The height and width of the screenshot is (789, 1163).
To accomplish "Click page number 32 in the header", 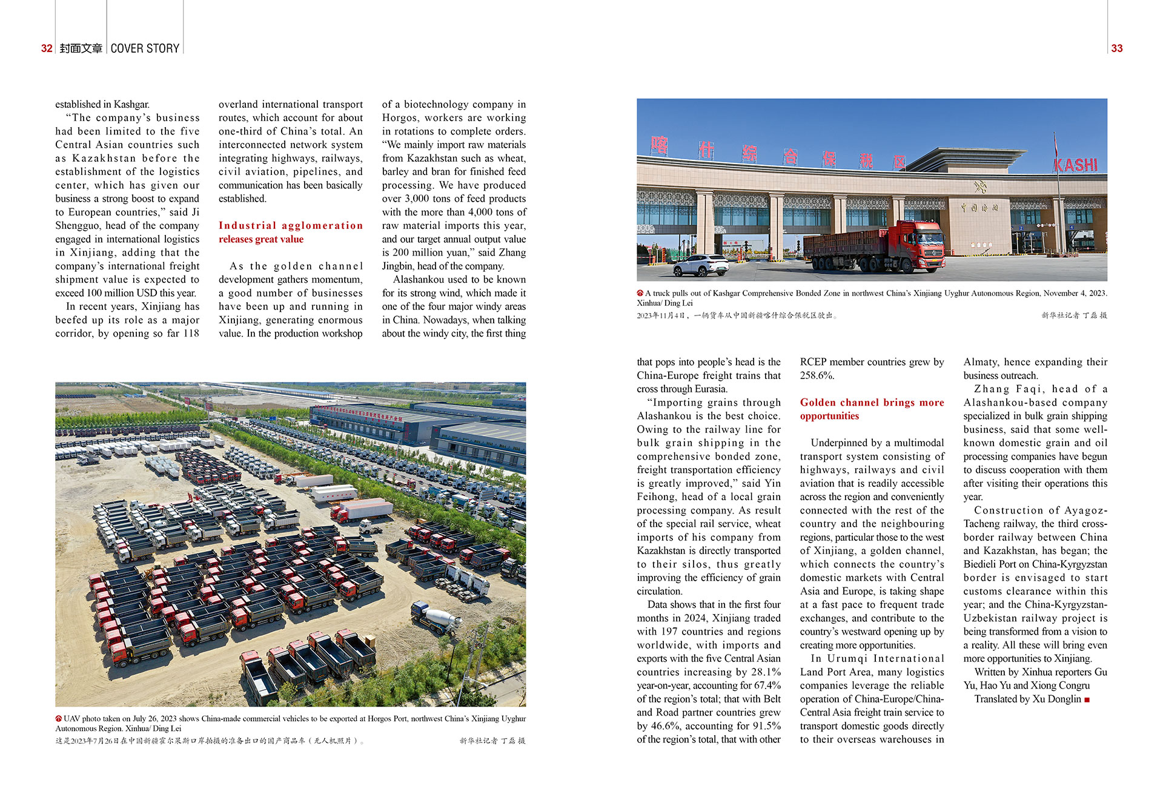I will (x=47, y=48).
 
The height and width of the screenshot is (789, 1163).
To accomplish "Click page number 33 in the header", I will (x=1116, y=48).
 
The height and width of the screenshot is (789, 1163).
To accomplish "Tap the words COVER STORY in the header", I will (x=145, y=48).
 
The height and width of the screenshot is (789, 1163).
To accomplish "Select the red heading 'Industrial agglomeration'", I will (x=291, y=225).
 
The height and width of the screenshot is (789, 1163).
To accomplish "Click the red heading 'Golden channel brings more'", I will (x=872, y=402).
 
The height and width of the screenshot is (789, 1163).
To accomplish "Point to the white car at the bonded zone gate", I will (x=701, y=265).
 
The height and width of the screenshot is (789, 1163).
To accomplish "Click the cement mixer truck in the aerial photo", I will (x=436, y=618).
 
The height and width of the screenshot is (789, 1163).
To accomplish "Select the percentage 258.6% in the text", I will (x=817, y=375).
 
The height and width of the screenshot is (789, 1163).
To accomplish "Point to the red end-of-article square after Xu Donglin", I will (x=1087, y=699).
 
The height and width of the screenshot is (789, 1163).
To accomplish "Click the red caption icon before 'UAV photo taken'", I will (x=59, y=719).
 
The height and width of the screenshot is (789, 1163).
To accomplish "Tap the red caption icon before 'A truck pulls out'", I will (x=640, y=293).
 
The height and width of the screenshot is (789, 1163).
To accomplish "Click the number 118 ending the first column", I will (x=191, y=333).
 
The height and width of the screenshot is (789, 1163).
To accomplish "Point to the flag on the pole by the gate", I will (x=1055, y=145).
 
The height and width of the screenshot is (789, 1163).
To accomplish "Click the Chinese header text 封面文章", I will (x=81, y=48).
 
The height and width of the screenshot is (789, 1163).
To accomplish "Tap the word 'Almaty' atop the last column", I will (x=981, y=361).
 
